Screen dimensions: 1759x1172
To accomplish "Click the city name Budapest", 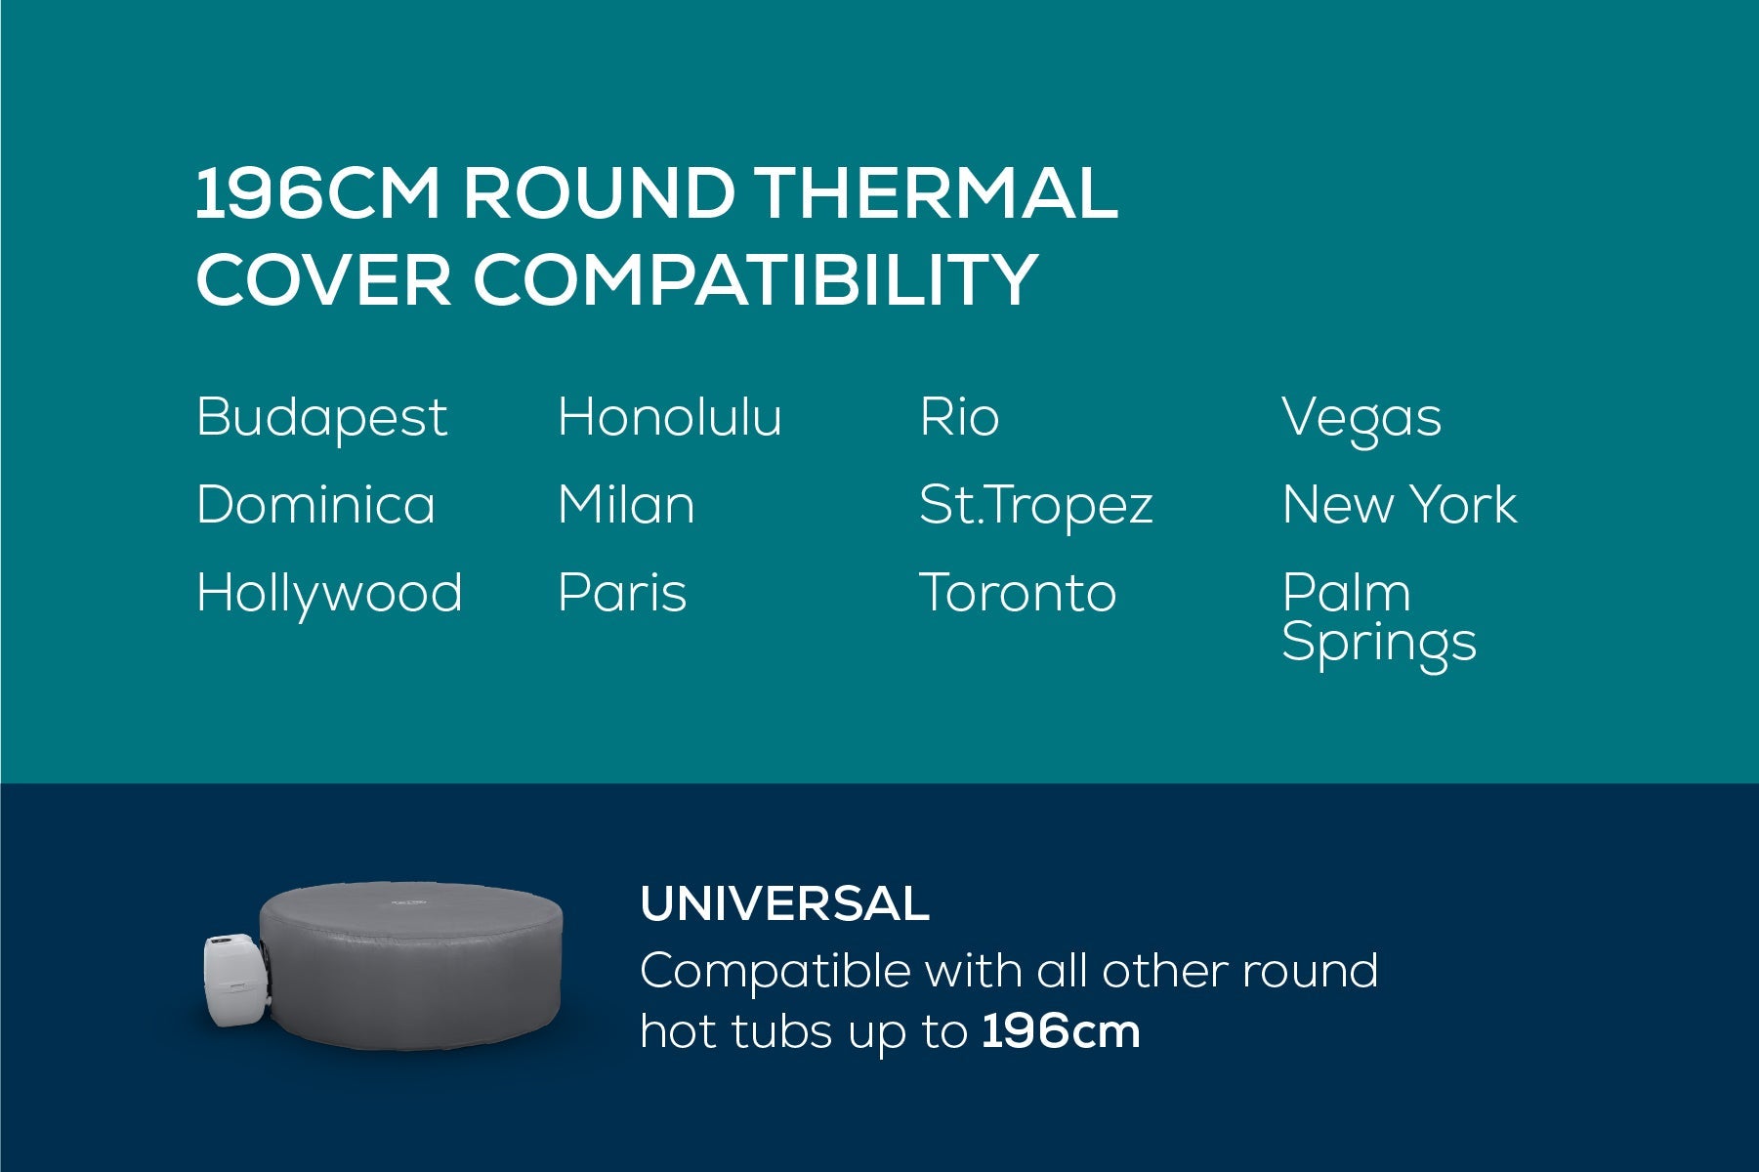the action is click(x=321, y=418).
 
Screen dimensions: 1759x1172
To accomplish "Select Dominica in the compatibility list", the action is click(x=315, y=505).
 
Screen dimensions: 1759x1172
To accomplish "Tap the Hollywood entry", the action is click(x=329, y=594).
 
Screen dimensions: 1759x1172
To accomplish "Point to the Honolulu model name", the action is click(x=670, y=417).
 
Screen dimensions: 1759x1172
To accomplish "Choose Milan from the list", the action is click(x=626, y=505).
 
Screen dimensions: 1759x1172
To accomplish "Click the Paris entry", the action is click(x=622, y=593).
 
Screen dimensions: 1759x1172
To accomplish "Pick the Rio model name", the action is click(x=959, y=417).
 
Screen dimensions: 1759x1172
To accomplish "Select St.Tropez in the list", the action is click(x=1036, y=506).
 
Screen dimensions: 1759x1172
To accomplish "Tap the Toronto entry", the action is click(x=1018, y=593).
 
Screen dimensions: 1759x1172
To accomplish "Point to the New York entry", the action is click(x=1400, y=505).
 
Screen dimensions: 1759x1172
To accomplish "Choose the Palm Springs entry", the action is click(x=1379, y=617).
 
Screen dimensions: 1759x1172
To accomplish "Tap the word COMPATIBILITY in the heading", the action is click(x=754, y=278).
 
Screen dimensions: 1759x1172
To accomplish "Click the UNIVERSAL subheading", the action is click(x=784, y=903).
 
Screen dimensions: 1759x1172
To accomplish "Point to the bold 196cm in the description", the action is click(x=1061, y=1031).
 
